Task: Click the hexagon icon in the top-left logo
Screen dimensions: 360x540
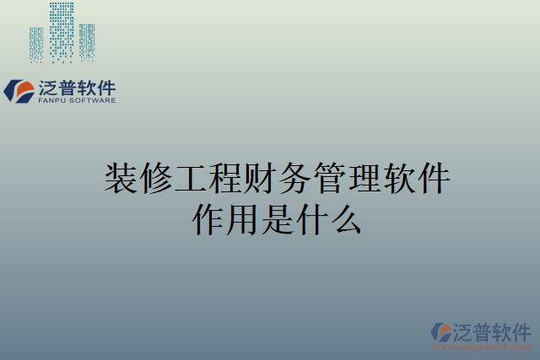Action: tap(19, 90)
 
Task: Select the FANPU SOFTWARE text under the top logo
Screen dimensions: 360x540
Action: tap(77, 100)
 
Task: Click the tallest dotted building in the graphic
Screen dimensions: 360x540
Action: tap(62, 32)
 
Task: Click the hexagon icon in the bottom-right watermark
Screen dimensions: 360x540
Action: tap(442, 332)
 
